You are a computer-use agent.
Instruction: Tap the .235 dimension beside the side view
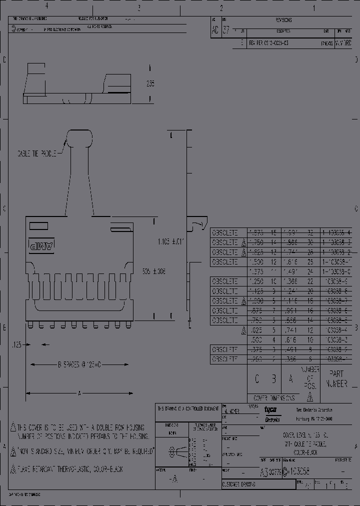[x=150, y=84]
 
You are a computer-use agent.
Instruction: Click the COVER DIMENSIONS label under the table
[x=273, y=398]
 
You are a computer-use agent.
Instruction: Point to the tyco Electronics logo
[x=272, y=413]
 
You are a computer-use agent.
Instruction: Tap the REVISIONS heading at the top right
[x=283, y=20]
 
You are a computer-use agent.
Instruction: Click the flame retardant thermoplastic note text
[x=70, y=469]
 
